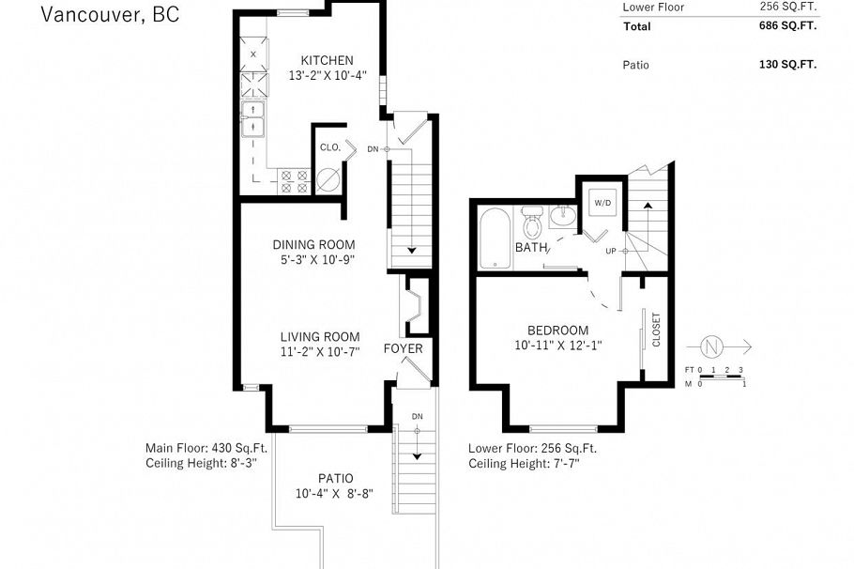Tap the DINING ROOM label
tap(313, 243)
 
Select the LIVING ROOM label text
tap(319, 337)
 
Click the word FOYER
tap(403, 349)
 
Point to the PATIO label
tap(335, 478)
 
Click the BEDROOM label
tap(557, 330)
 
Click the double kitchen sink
tap(253, 119)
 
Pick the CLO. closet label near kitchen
tap(329, 147)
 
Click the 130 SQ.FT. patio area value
tap(788, 66)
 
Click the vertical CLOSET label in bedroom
tap(656, 330)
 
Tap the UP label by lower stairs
tap(611, 252)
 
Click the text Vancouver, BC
tap(110, 13)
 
